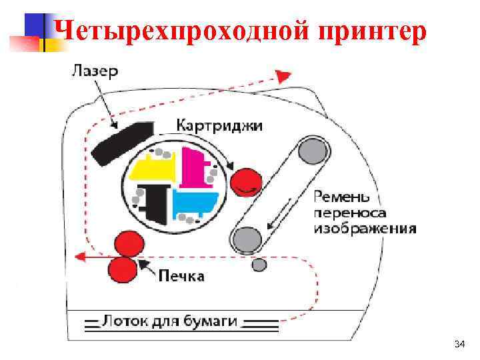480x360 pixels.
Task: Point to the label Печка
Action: click(x=181, y=274)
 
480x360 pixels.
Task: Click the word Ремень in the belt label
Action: click(x=340, y=196)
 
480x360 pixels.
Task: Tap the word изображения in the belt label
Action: click(x=365, y=228)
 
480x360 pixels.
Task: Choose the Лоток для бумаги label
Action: click(x=169, y=321)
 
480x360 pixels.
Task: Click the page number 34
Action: click(x=458, y=344)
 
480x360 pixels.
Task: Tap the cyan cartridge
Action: click(x=195, y=201)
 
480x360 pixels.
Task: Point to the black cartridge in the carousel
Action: click(x=154, y=204)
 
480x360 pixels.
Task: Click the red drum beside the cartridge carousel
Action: click(x=245, y=181)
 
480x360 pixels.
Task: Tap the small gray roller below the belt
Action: click(x=259, y=265)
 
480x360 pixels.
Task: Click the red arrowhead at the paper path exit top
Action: click(x=284, y=76)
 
